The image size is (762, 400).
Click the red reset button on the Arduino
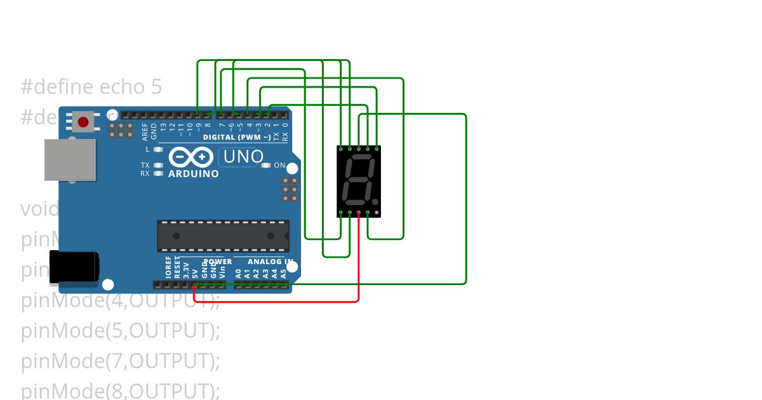83,122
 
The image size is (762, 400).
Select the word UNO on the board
243,156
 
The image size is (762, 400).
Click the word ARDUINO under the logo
193,174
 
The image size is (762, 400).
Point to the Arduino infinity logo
190,157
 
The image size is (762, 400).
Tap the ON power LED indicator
266,166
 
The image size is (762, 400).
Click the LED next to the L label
159,150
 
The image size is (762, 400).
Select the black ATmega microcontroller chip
223,236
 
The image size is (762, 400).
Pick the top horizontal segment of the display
359,157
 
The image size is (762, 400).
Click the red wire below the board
286,301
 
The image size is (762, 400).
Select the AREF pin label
145,132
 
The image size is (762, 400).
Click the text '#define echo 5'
91,87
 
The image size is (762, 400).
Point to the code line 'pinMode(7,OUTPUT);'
120,361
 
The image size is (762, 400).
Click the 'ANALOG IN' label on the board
271,262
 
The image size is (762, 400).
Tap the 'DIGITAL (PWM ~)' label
237,137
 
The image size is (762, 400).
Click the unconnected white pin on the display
377,213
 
